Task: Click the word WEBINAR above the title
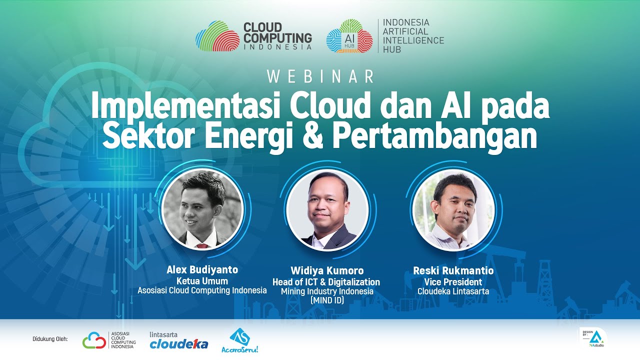(320, 76)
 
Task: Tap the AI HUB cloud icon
(349, 36)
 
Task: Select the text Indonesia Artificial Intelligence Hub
(413, 36)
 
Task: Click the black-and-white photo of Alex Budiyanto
(202, 209)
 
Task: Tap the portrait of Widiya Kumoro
(328, 210)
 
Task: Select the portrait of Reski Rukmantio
(454, 210)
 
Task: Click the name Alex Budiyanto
(202, 270)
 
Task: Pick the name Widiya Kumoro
(327, 270)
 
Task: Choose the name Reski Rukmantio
(453, 271)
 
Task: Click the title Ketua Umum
(202, 280)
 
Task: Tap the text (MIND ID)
(327, 300)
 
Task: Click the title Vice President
(453, 282)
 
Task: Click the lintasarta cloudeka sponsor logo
(178, 340)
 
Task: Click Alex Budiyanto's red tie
(201, 246)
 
